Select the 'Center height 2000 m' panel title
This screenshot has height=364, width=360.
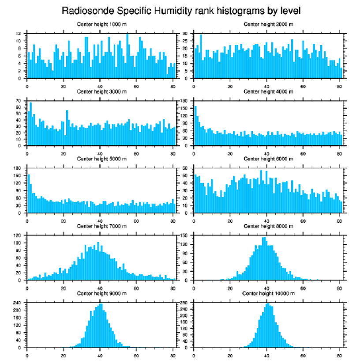click(x=268, y=24)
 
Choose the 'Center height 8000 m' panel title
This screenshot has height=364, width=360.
click(x=268, y=226)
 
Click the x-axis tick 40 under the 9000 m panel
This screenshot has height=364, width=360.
click(x=100, y=354)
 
